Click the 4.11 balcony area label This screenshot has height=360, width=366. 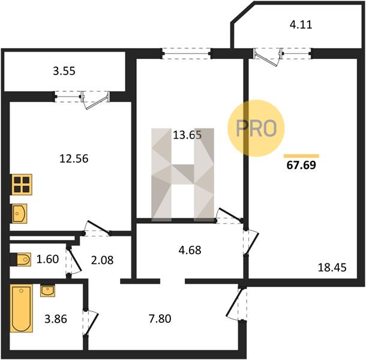coord(301,25)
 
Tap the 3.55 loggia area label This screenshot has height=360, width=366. coord(64,71)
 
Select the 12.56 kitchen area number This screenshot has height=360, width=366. coord(74,159)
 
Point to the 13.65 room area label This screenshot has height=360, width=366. coord(187,135)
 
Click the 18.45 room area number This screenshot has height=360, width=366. coord(332,268)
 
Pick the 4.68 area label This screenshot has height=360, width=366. coord(190,250)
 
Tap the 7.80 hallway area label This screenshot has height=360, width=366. coord(160,319)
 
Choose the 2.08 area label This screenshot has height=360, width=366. coord(102,260)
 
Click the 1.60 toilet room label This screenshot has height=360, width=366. coord(47,259)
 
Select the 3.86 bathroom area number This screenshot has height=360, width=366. coord(56,319)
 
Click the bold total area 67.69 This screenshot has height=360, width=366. coord(301,165)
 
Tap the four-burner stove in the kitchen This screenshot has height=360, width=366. coord(22,184)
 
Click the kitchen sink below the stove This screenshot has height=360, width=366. coord(19,214)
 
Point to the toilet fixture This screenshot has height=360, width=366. coord(21,259)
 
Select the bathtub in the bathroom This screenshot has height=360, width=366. coord(21,308)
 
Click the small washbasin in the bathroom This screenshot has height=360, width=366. coord(47,290)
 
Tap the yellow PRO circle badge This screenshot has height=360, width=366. coord(256,128)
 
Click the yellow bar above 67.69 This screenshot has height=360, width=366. coord(301,156)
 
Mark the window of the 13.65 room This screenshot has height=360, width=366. coord(187,53)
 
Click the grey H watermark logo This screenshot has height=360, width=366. coord(183,175)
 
